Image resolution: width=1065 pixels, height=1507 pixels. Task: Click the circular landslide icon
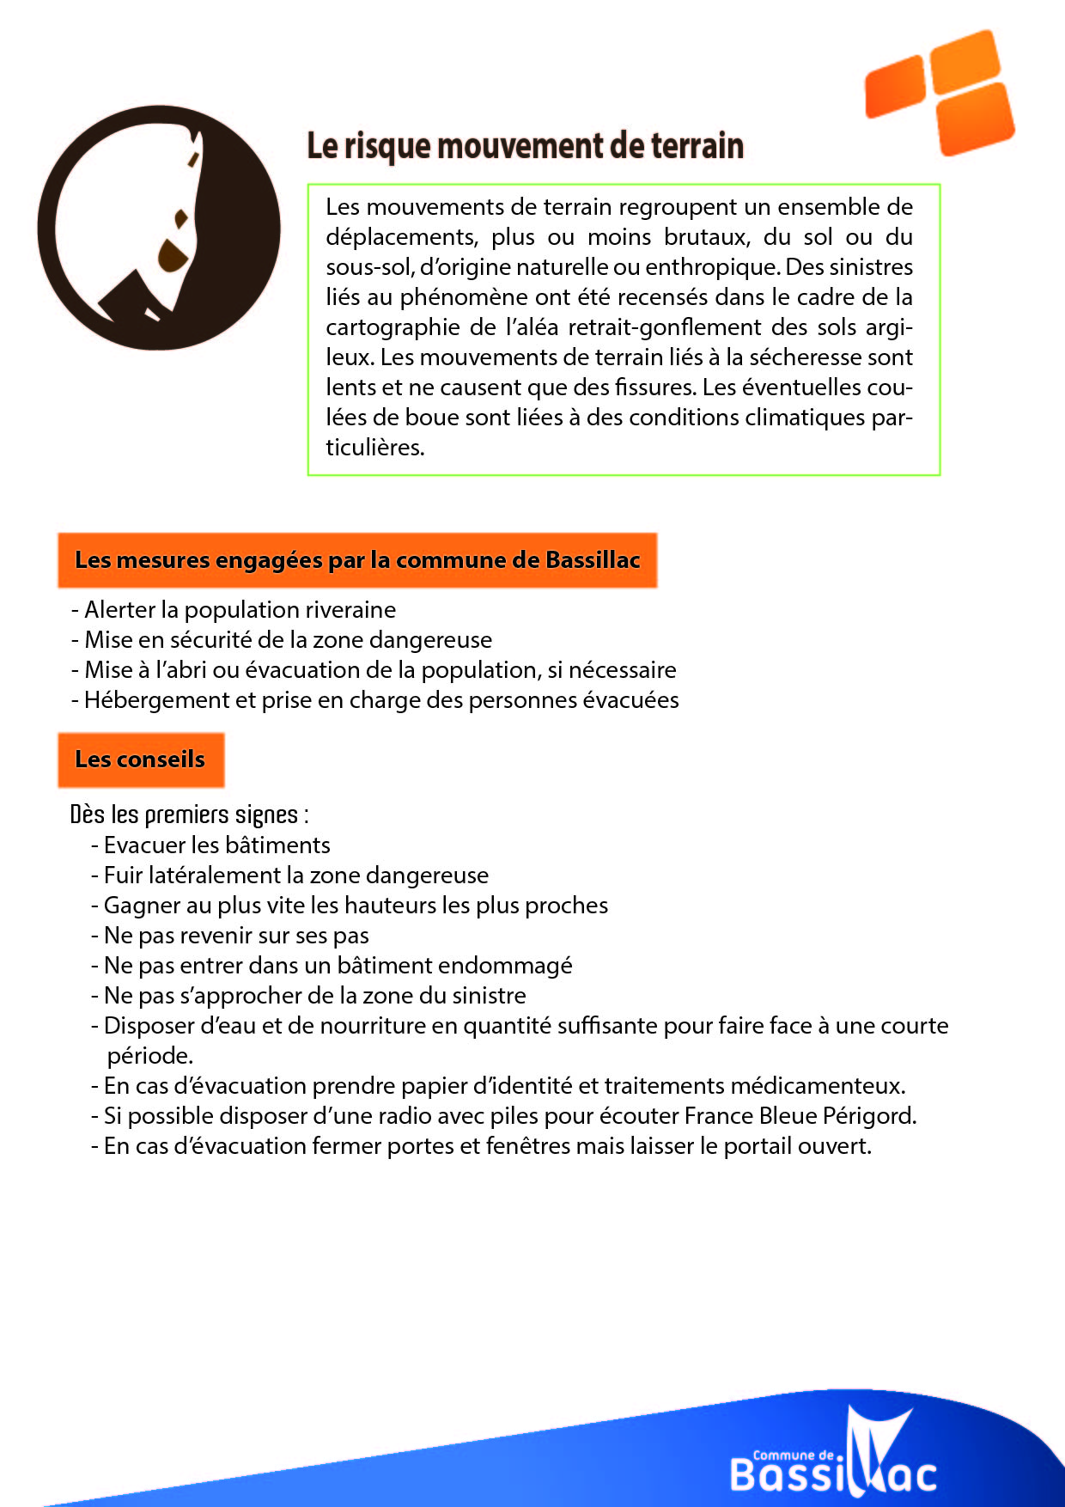(159, 228)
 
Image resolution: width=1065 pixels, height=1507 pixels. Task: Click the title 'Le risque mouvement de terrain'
(525, 146)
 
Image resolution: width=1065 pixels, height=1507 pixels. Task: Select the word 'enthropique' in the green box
(712, 267)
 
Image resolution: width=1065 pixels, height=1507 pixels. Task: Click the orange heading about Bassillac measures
(357, 560)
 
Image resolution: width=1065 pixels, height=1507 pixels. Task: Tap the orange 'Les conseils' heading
(141, 760)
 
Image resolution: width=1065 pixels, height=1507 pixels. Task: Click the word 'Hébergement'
(157, 700)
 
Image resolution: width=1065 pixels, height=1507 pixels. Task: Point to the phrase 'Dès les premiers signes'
(185, 815)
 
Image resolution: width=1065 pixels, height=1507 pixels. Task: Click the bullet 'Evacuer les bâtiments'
(216, 845)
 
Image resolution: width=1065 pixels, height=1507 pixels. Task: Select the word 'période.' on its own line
(149, 1056)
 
